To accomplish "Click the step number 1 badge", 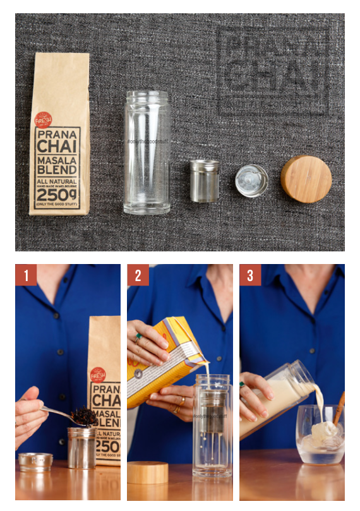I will pyautogui.click(x=26, y=275).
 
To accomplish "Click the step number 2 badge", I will pyautogui.click(x=138, y=275).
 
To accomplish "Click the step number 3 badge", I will pyautogui.click(x=250, y=275).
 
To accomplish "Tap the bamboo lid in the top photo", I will pyautogui.click(x=306, y=179).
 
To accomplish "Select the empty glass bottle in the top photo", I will pyautogui.click(x=147, y=152).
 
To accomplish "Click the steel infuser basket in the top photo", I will pyautogui.click(x=205, y=181).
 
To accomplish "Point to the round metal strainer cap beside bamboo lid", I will pyautogui.click(x=251, y=181).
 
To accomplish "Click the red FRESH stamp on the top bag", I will pyautogui.click(x=43, y=119).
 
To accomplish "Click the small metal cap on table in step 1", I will pyautogui.click(x=35, y=462).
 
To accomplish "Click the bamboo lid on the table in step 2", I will pyautogui.click(x=148, y=472).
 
